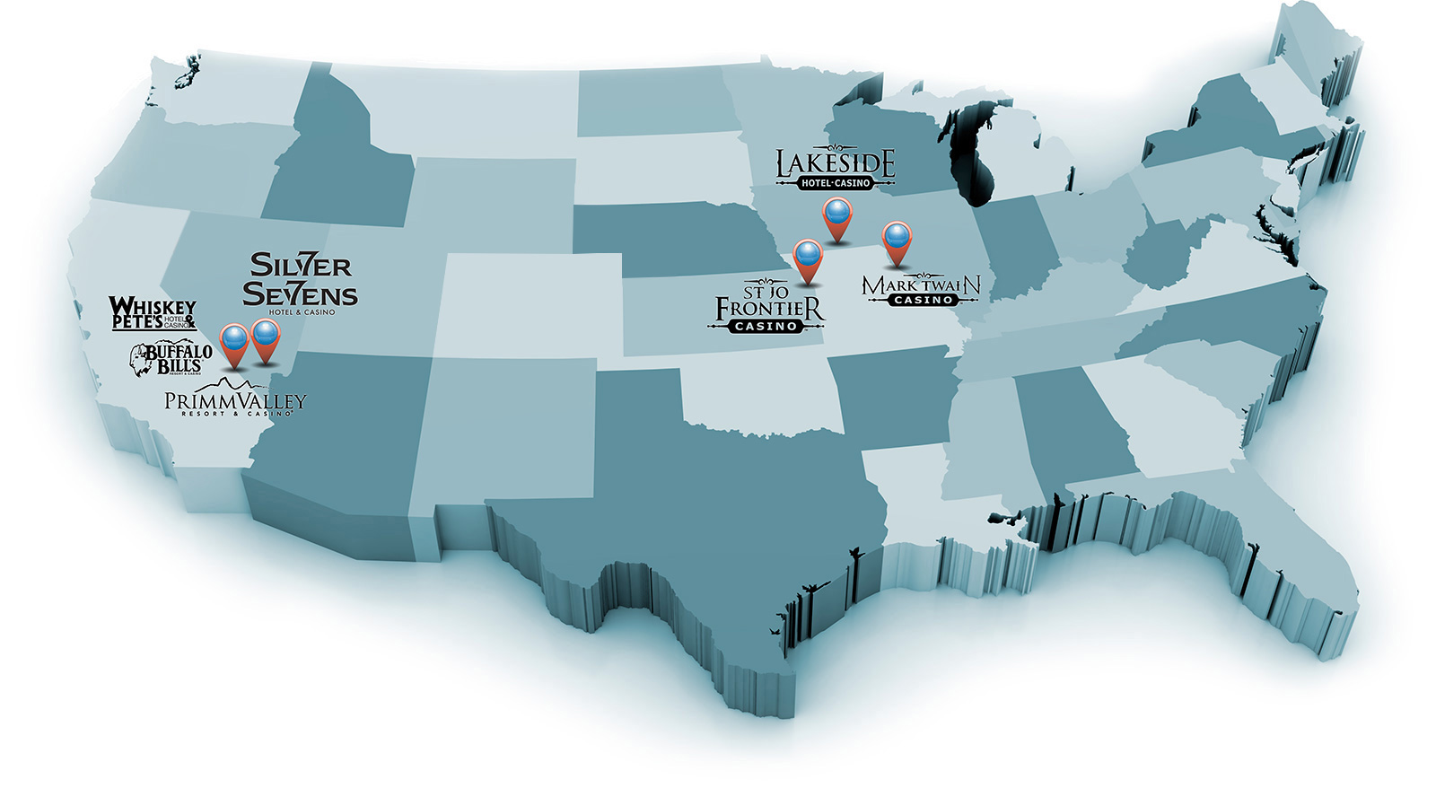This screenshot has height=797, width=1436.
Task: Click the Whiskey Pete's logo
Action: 152,314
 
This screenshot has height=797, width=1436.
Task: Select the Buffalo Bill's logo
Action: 172,358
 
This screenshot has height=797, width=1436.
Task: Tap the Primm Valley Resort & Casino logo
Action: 235,401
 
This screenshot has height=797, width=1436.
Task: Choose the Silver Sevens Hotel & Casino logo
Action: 300,282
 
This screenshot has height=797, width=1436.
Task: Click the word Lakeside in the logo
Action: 836,162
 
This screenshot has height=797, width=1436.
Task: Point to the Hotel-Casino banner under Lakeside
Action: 836,183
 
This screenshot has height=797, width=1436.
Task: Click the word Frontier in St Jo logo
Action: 769,309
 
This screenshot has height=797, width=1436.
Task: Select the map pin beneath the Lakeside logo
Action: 837,218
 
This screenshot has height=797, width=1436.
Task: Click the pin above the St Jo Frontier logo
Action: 808,258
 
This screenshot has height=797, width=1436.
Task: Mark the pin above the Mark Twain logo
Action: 897,241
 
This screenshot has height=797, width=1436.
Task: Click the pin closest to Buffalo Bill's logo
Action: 234,344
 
